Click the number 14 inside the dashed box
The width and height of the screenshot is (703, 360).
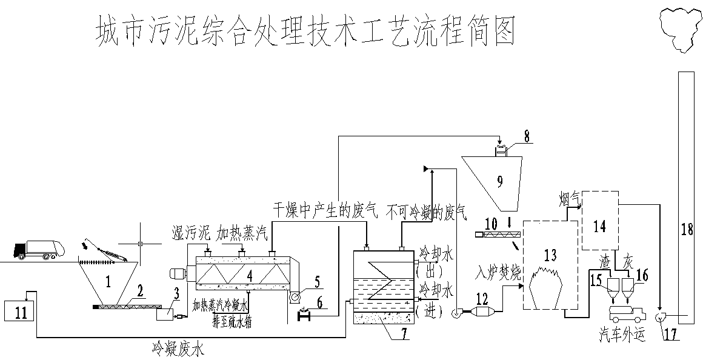[x=599, y=226]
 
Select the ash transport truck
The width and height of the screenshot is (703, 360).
[x=626, y=313]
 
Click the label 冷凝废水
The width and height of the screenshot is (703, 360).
[x=178, y=348]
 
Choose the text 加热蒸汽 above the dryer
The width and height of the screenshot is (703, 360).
[x=241, y=233]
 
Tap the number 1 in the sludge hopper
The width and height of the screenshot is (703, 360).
[x=108, y=281]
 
